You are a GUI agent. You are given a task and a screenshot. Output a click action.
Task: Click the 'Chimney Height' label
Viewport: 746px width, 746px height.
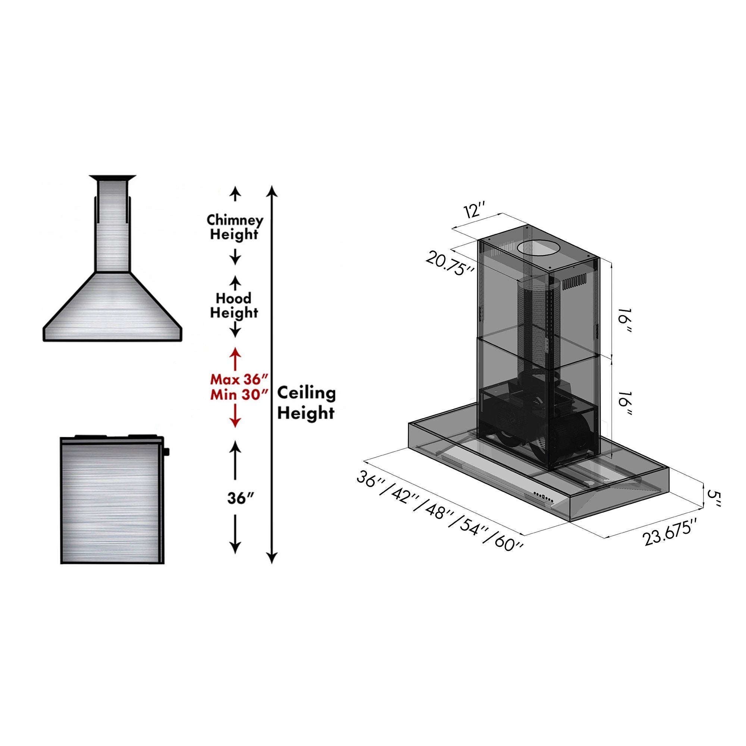point(235,227)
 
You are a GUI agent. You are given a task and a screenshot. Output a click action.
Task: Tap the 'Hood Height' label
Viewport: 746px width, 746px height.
point(233,305)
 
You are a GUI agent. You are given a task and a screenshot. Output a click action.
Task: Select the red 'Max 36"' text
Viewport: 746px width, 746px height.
point(238,379)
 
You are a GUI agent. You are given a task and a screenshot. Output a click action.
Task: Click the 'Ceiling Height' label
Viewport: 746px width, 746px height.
point(307,403)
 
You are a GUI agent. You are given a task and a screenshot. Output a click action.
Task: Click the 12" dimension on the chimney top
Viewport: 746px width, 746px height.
point(474,212)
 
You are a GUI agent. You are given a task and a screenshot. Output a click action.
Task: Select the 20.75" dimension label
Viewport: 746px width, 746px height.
point(450,263)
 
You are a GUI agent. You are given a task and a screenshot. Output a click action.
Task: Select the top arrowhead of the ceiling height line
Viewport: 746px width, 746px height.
point(272,190)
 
